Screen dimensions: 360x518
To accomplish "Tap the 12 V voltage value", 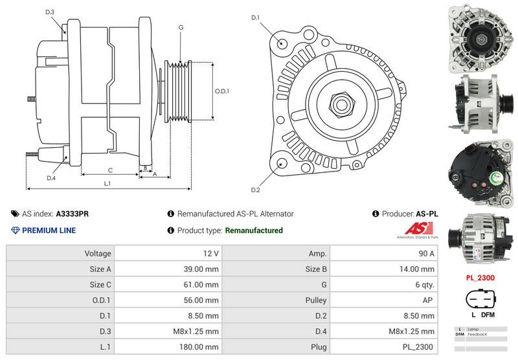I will click(x=211, y=253).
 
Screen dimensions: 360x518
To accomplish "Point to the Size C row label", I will click(x=100, y=284).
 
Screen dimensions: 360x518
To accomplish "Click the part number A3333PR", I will click(x=73, y=214).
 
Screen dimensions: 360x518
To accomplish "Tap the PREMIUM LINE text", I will click(x=49, y=231).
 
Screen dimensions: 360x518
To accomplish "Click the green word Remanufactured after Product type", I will click(x=253, y=231).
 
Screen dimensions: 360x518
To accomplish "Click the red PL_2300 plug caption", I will click(x=480, y=278).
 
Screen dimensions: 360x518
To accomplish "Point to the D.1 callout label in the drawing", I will click(x=255, y=17).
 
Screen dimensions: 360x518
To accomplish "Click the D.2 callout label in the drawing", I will click(x=255, y=190).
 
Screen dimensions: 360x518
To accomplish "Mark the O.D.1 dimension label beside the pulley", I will click(x=222, y=91).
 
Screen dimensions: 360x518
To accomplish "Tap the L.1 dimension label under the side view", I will click(x=107, y=184).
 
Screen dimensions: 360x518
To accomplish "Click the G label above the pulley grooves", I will click(x=181, y=28).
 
